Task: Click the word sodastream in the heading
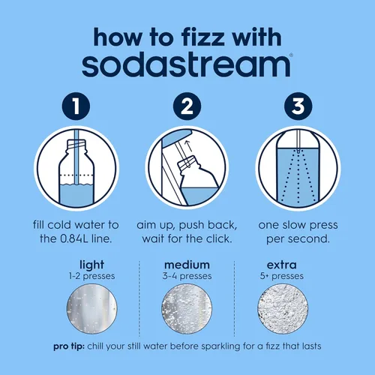click(186, 65)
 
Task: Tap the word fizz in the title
click(202, 38)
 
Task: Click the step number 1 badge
click(76, 106)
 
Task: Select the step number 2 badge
click(187, 106)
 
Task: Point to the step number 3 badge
click(298, 106)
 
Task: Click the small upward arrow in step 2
click(189, 146)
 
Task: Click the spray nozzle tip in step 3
click(298, 151)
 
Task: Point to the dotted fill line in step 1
click(76, 175)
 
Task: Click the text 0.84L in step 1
click(74, 238)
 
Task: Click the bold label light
click(91, 265)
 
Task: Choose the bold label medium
click(187, 265)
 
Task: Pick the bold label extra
click(282, 265)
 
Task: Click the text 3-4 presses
click(187, 276)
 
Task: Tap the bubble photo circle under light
click(91, 309)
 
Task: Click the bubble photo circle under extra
click(283, 309)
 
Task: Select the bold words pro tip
click(69, 347)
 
